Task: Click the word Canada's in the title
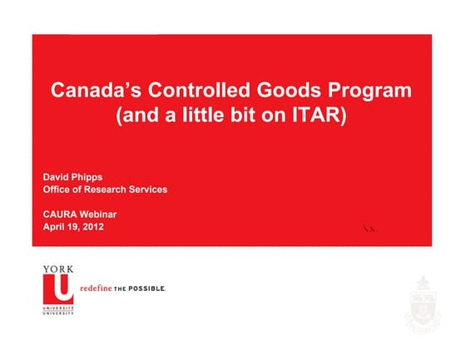tap(94, 91)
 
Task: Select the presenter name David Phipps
tap(74, 176)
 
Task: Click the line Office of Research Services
tap(105, 190)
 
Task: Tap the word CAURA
tap(62, 214)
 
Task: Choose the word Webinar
tap(102, 214)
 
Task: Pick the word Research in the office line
tap(103, 190)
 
